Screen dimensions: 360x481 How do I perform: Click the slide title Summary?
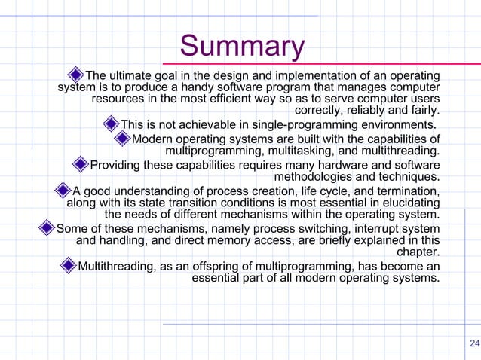point(242,47)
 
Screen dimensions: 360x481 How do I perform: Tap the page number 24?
point(473,344)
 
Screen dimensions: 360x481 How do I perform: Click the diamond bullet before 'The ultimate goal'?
point(75,75)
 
